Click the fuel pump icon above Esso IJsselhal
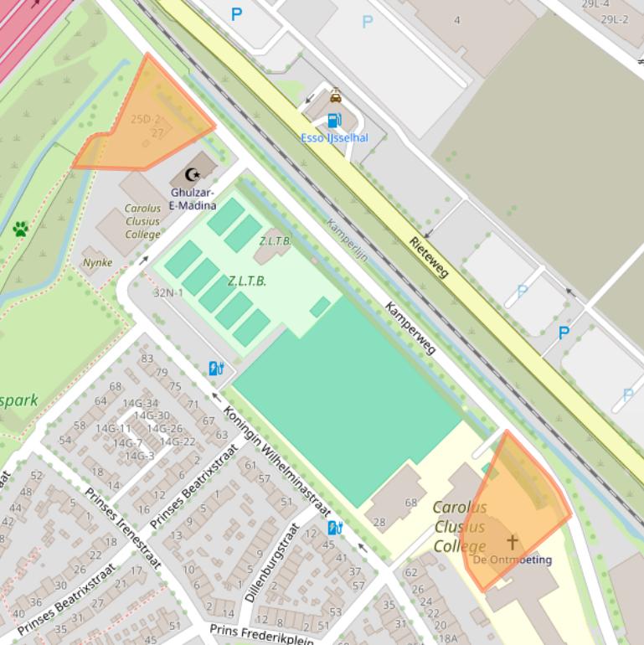point(334,121)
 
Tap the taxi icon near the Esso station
point(335,95)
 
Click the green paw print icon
point(21,229)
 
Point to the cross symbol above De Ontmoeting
point(512,542)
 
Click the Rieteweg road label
point(429,255)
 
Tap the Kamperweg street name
point(410,328)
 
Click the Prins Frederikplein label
point(261,635)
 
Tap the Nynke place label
point(97,262)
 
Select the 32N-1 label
point(167,293)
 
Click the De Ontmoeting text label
point(513,560)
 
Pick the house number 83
point(147,359)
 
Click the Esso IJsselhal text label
point(334,138)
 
